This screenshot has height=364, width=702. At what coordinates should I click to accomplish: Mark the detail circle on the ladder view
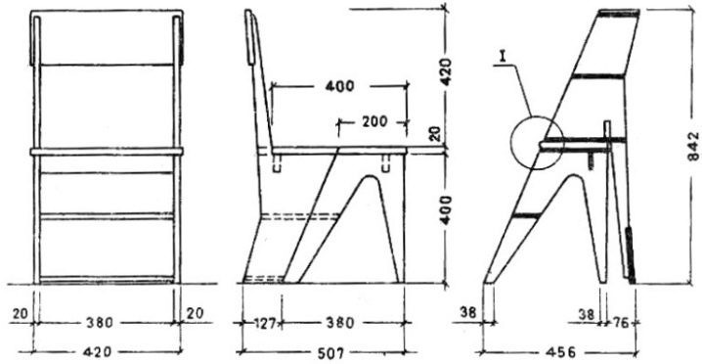click(537, 145)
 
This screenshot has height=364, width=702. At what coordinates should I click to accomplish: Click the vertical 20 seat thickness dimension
click(438, 133)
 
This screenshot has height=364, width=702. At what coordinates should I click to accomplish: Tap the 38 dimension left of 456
click(467, 313)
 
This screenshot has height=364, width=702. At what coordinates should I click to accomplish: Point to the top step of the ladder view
click(619, 14)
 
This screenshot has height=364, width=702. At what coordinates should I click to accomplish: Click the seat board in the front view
click(108, 152)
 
